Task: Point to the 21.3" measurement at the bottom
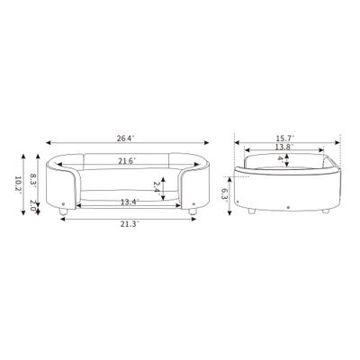[129, 224]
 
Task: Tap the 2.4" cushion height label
[157, 187]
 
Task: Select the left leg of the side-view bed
[255, 212]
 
